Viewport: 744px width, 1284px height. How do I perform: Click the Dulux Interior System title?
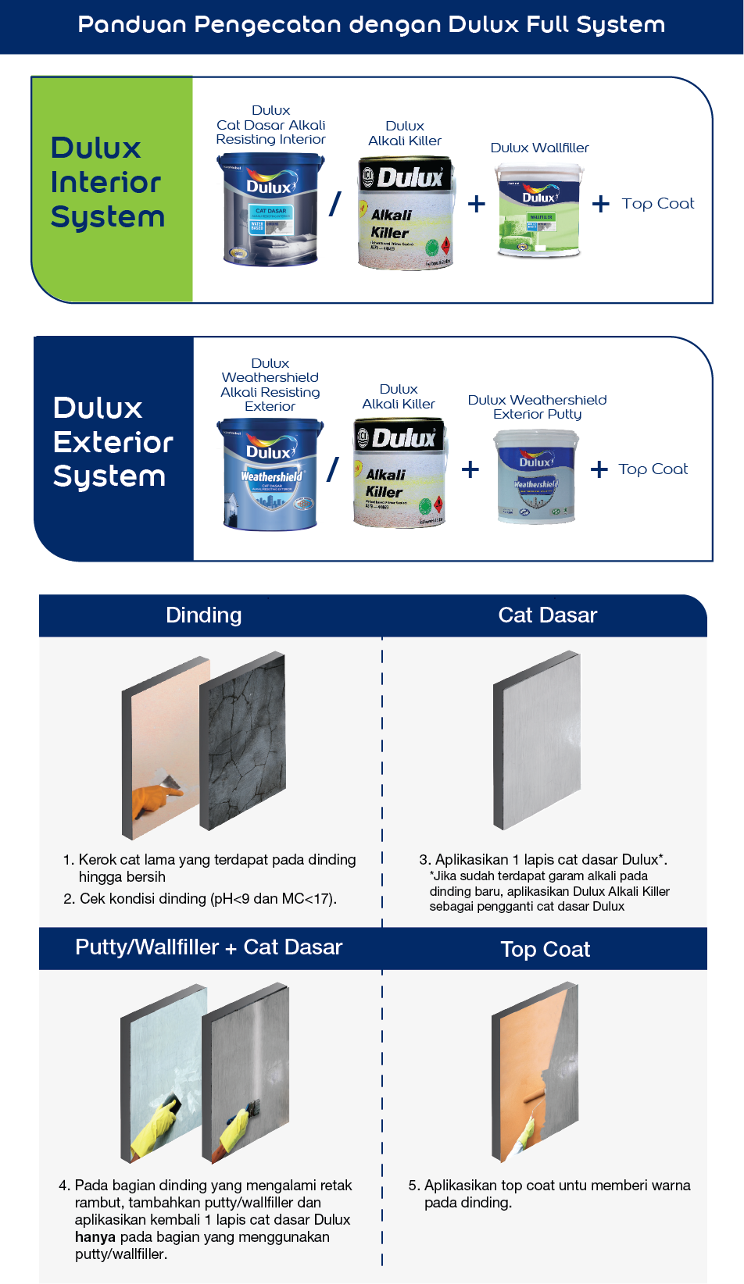click(108, 183)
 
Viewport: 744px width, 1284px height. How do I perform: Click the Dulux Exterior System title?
click(112, 442)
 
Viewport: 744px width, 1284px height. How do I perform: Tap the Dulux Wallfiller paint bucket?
click(539, 212)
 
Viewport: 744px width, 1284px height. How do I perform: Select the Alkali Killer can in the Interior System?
click(406, 212)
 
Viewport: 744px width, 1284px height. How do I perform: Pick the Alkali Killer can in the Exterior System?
click(399, 473)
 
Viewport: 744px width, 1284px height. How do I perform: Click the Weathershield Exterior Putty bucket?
click(536, 476)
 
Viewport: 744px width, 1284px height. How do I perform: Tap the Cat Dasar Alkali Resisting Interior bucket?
click(270, 209)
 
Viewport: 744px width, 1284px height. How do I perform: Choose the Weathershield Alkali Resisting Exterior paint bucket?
click(270, 474)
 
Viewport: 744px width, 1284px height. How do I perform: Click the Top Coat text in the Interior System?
click(657, 204)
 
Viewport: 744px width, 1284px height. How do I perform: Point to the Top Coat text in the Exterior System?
click(653, 469)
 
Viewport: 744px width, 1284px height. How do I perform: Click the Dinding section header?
click(204, 615)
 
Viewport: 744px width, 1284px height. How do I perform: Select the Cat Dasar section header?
click(547, 615)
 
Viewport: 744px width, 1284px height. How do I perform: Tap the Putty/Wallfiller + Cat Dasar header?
click(209, 947)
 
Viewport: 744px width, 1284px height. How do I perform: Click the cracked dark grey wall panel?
click(243, 742)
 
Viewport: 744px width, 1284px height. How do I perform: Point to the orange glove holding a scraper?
click(153, 801)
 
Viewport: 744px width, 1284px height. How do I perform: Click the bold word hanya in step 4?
click(95, 1237)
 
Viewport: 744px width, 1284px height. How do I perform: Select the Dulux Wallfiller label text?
click(539, 148)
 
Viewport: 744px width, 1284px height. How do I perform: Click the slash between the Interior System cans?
click(335, 205)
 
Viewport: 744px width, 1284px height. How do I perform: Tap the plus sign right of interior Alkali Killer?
click(476, 205)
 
